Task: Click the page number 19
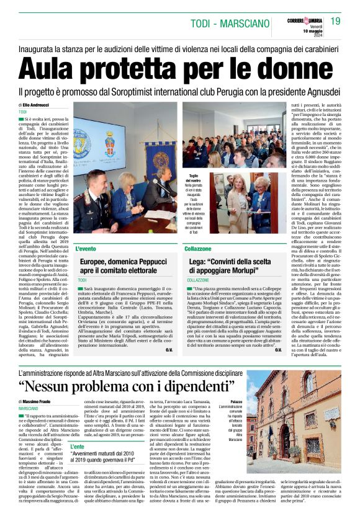tap(336, 22)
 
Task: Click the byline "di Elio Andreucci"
tap(38, 105)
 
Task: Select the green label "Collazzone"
tap(197, 249)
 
